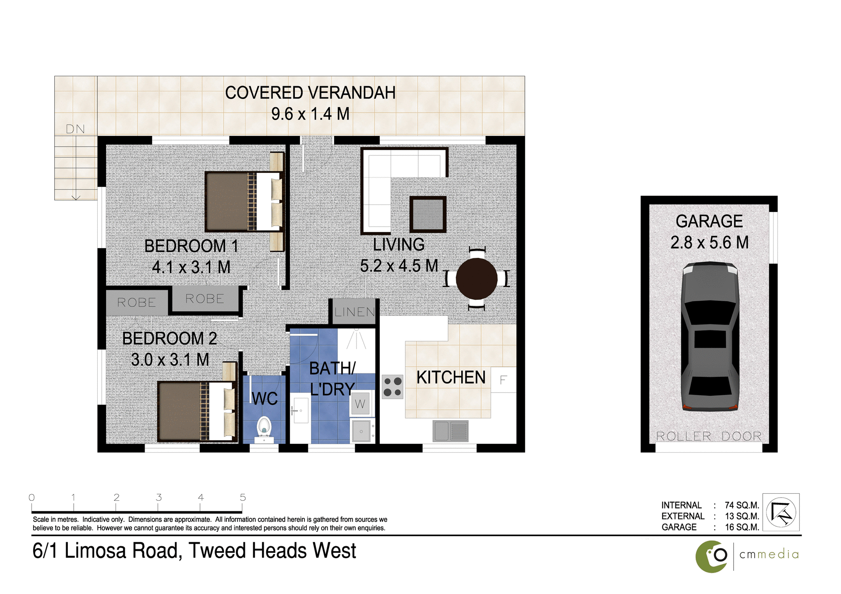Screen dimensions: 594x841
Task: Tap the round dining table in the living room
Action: [477, 278]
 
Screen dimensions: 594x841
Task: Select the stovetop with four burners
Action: [392, 387]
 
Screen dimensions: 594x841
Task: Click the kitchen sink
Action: [450, 431]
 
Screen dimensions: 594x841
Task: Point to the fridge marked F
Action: [503, 380]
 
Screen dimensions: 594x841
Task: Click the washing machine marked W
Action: [360, 404]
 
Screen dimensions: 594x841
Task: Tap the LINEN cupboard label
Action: [354, 312]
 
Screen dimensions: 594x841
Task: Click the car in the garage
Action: [710, 337]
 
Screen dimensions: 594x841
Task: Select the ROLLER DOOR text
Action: [709, 436]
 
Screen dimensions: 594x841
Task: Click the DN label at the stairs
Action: [75, 129]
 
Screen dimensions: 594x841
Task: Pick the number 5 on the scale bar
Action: [243, 498]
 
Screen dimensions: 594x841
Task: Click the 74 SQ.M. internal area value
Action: [742, 505]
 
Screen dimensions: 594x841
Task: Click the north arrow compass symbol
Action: [781, 512]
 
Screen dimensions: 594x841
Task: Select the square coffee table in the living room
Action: [428, 214]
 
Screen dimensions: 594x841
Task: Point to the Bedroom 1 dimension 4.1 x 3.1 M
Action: [191, 267]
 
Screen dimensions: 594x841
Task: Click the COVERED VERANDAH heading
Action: [310, 93]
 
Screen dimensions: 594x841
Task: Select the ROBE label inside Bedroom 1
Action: [205, 299]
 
